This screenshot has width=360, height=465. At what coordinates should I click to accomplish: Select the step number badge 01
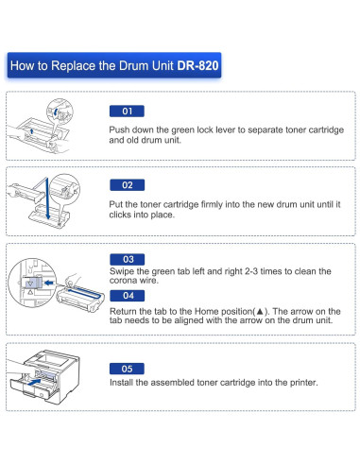click(x=127, y=111)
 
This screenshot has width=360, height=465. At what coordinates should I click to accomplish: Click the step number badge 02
click(x=127, y=184)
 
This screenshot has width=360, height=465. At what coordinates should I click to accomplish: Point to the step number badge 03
click(x=127, y=258)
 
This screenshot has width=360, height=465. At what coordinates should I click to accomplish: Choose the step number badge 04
click(x=127, y=295)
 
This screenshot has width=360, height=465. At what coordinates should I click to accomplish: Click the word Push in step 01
click(x=122, y=129)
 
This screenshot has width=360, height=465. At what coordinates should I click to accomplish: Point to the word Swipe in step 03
click(x=125, y=271)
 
